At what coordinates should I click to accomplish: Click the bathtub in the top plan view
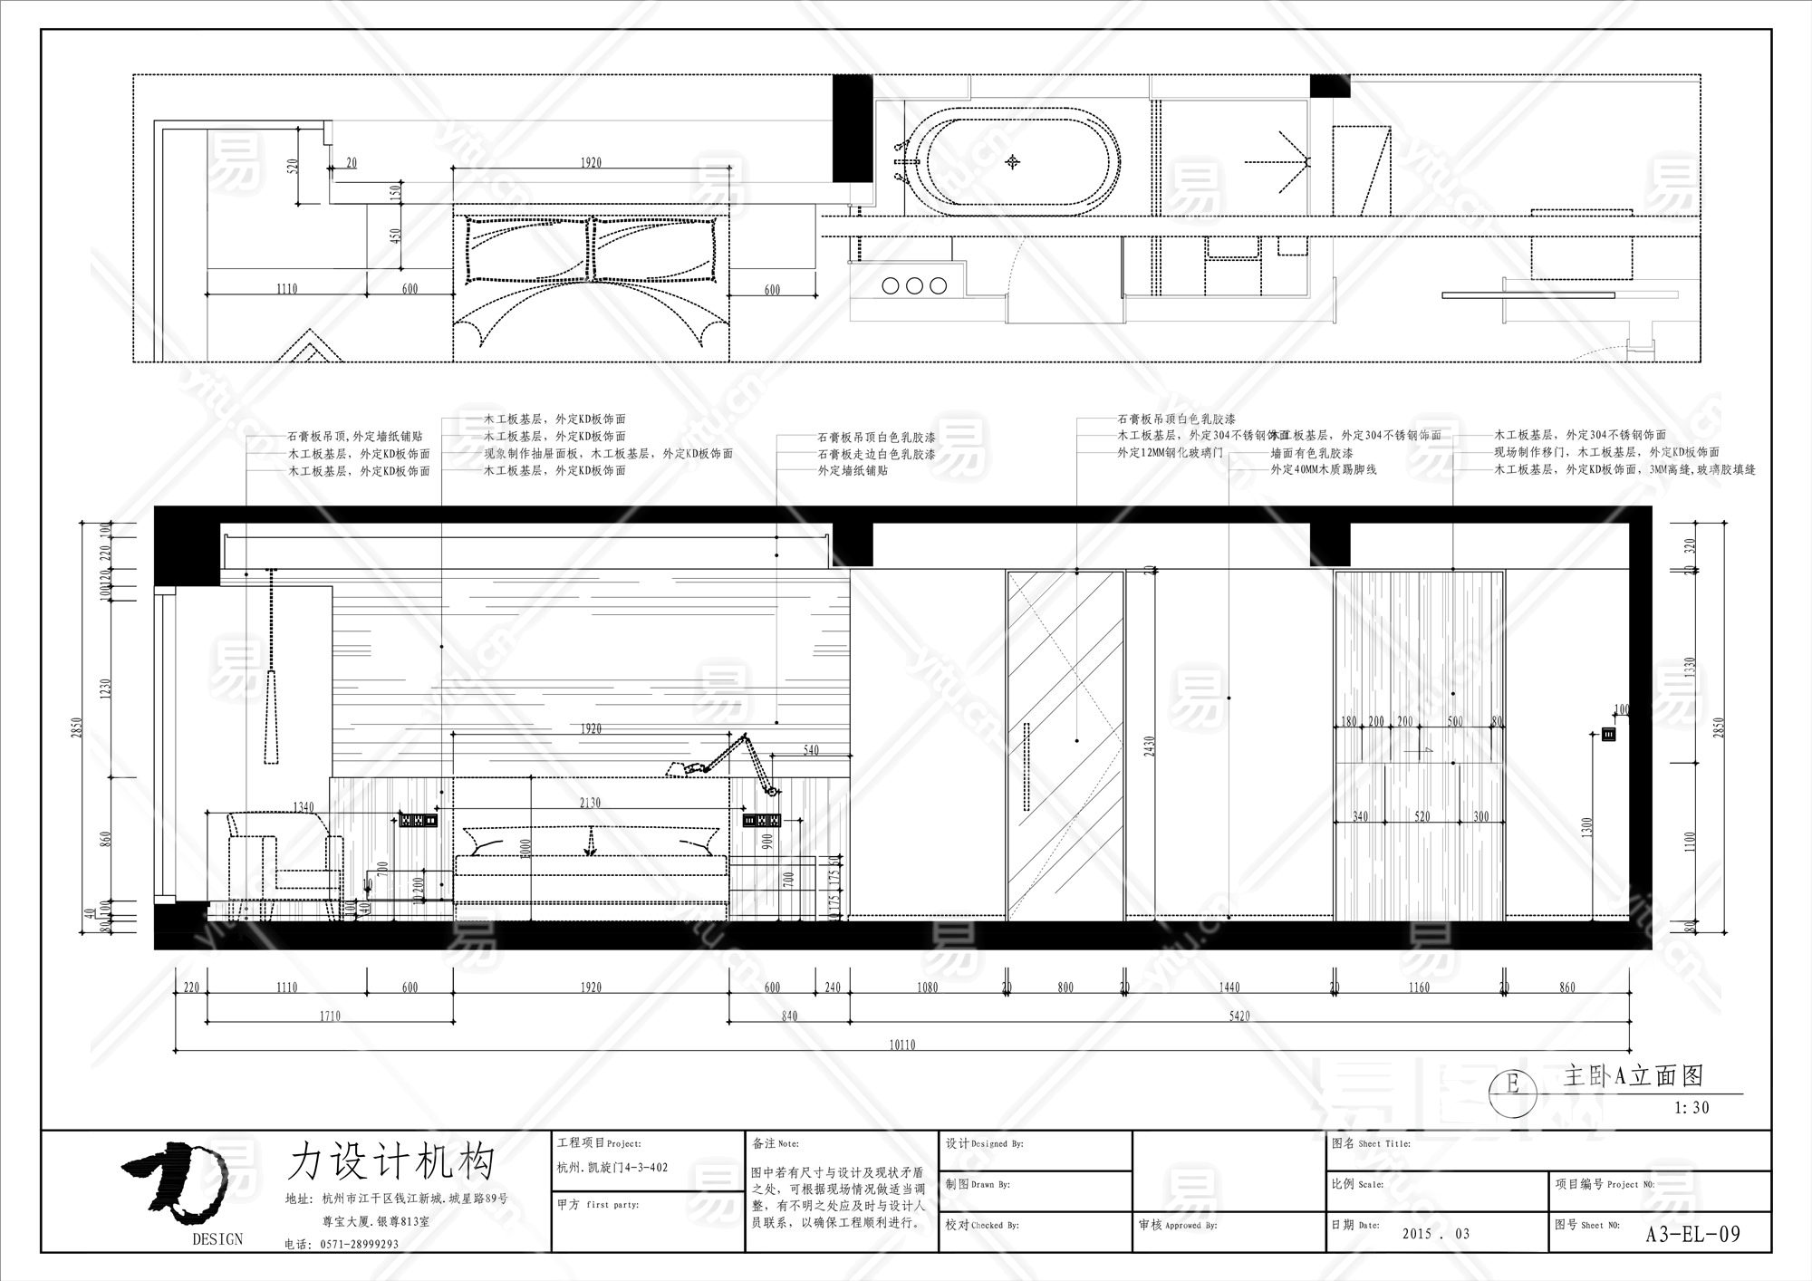(1015, 162)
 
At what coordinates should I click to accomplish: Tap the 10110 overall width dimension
(902, 1045)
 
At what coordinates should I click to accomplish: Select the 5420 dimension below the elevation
(1239, 1016)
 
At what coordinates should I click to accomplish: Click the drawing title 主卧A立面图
(1633, 1076)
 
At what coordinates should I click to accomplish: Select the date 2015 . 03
(1435, 1234)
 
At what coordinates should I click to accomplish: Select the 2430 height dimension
(1150, 746)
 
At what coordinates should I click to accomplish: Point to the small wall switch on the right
(1609, 735)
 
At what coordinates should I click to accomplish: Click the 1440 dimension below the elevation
(1229, 987)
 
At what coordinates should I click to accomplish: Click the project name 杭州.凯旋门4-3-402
(612, 1168)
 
